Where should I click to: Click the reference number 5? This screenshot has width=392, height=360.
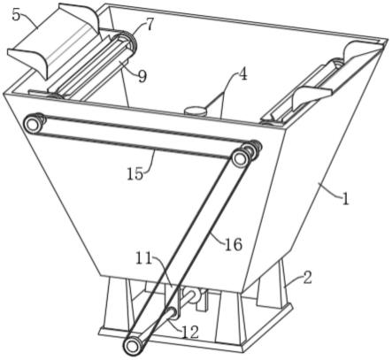tap(17, 15)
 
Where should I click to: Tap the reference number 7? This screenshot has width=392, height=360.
tap(150, 25)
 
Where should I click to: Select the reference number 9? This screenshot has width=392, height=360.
tap(142, 76)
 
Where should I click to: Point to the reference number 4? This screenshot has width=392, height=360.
tap(242, 75)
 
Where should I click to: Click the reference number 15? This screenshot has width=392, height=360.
tap(135, 173)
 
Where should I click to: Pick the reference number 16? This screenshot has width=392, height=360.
tap(234, 244)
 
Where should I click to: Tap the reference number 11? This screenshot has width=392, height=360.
tap(143, 258)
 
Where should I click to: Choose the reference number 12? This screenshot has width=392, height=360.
tap(190, 333)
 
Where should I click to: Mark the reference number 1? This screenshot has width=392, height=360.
tap(346, 200)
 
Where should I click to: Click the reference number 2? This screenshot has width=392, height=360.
tap(308, 278)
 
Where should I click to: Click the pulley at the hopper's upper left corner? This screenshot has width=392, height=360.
tap(32, 124)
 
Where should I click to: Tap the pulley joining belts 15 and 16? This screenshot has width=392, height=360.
tap(242, 156)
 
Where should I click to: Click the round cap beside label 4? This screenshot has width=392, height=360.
tap(195, 111)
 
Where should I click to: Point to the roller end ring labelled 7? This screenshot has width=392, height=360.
tap(127, 42)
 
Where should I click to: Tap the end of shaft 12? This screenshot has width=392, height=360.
tap(173, 313)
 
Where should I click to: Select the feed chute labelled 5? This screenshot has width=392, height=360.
tap(54, 41)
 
